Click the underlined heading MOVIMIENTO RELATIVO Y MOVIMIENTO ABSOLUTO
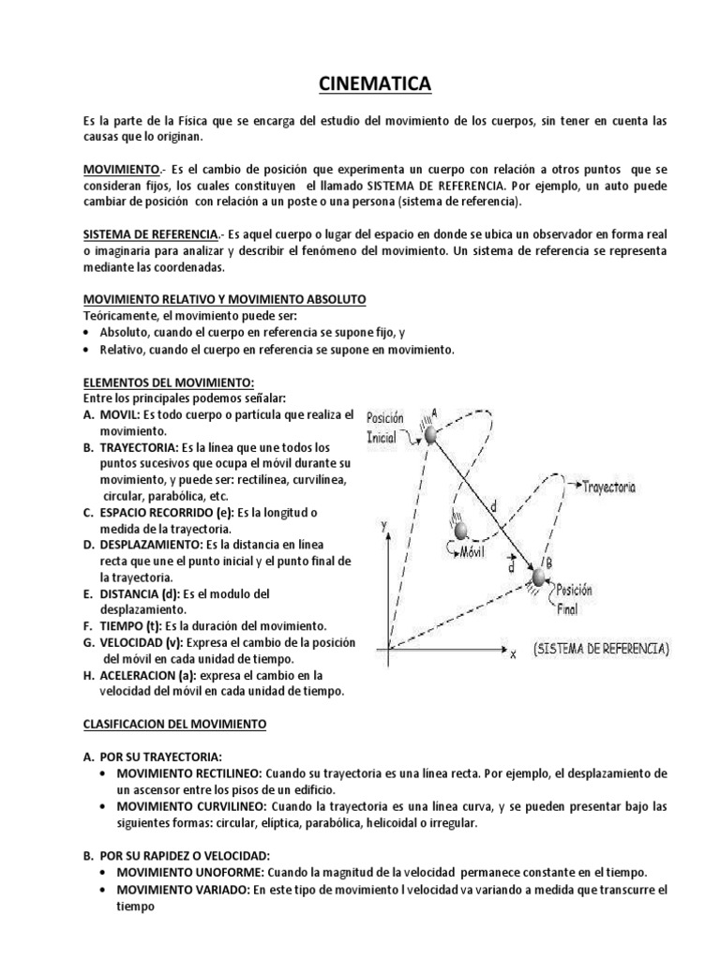(225, 298)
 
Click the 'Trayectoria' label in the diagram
(608, 487)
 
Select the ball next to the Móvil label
(461, 532)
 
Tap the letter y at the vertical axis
(384, 528)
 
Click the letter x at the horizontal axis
(513, 653)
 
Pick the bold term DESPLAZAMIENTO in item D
(147, 544)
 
